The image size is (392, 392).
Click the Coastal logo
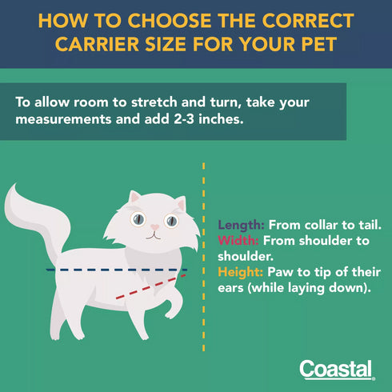[x=337, y=370]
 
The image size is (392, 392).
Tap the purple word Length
[x=241, y=226]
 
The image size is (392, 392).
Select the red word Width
[x=238, y=241]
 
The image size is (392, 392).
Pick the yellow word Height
[x=240, y=273]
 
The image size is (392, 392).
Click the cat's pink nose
[x=154, y=227]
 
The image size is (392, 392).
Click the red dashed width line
[x=151, y=286]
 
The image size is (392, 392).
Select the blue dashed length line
[x=117, y=270]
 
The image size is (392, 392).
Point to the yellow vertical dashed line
[x=204, y=257]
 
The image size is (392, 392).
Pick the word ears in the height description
[x=230, y=288]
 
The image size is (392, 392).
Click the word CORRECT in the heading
[x=308, y=21]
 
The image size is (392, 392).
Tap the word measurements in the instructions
[x=63, y=119]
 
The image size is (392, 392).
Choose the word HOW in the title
[x=63, y=21]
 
